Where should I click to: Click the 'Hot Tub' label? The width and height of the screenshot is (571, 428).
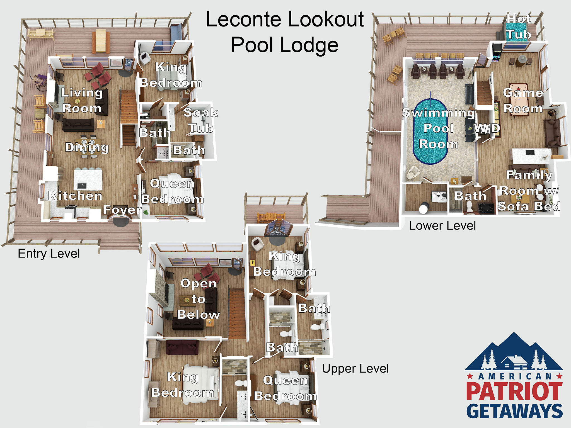coord(519,27)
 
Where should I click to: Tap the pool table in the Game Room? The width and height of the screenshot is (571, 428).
coord(519,99)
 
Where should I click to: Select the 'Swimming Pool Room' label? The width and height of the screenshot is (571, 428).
coord(439,128)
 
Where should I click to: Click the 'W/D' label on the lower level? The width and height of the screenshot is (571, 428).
coord(487,128)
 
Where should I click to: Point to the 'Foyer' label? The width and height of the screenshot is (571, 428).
coord(122,210)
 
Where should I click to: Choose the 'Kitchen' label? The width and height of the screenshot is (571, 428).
coord(75,196)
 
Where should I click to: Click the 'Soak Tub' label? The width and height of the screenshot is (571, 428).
coord(201,120)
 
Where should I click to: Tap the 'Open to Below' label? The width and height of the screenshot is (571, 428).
coord(199,299)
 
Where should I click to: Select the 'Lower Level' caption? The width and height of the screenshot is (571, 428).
coord(442,226)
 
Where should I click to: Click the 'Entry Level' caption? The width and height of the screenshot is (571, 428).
coord(49,254)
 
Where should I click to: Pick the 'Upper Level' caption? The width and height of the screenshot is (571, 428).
coord(355,369)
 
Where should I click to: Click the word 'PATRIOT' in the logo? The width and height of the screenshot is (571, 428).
coord(514,391)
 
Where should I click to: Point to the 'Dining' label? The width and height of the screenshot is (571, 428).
coord(87,148)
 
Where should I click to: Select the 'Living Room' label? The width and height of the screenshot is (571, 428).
coord(82,100)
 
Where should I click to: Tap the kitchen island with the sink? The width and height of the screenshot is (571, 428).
coord(88,180)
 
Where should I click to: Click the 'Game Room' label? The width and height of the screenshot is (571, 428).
coord(523,100)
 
